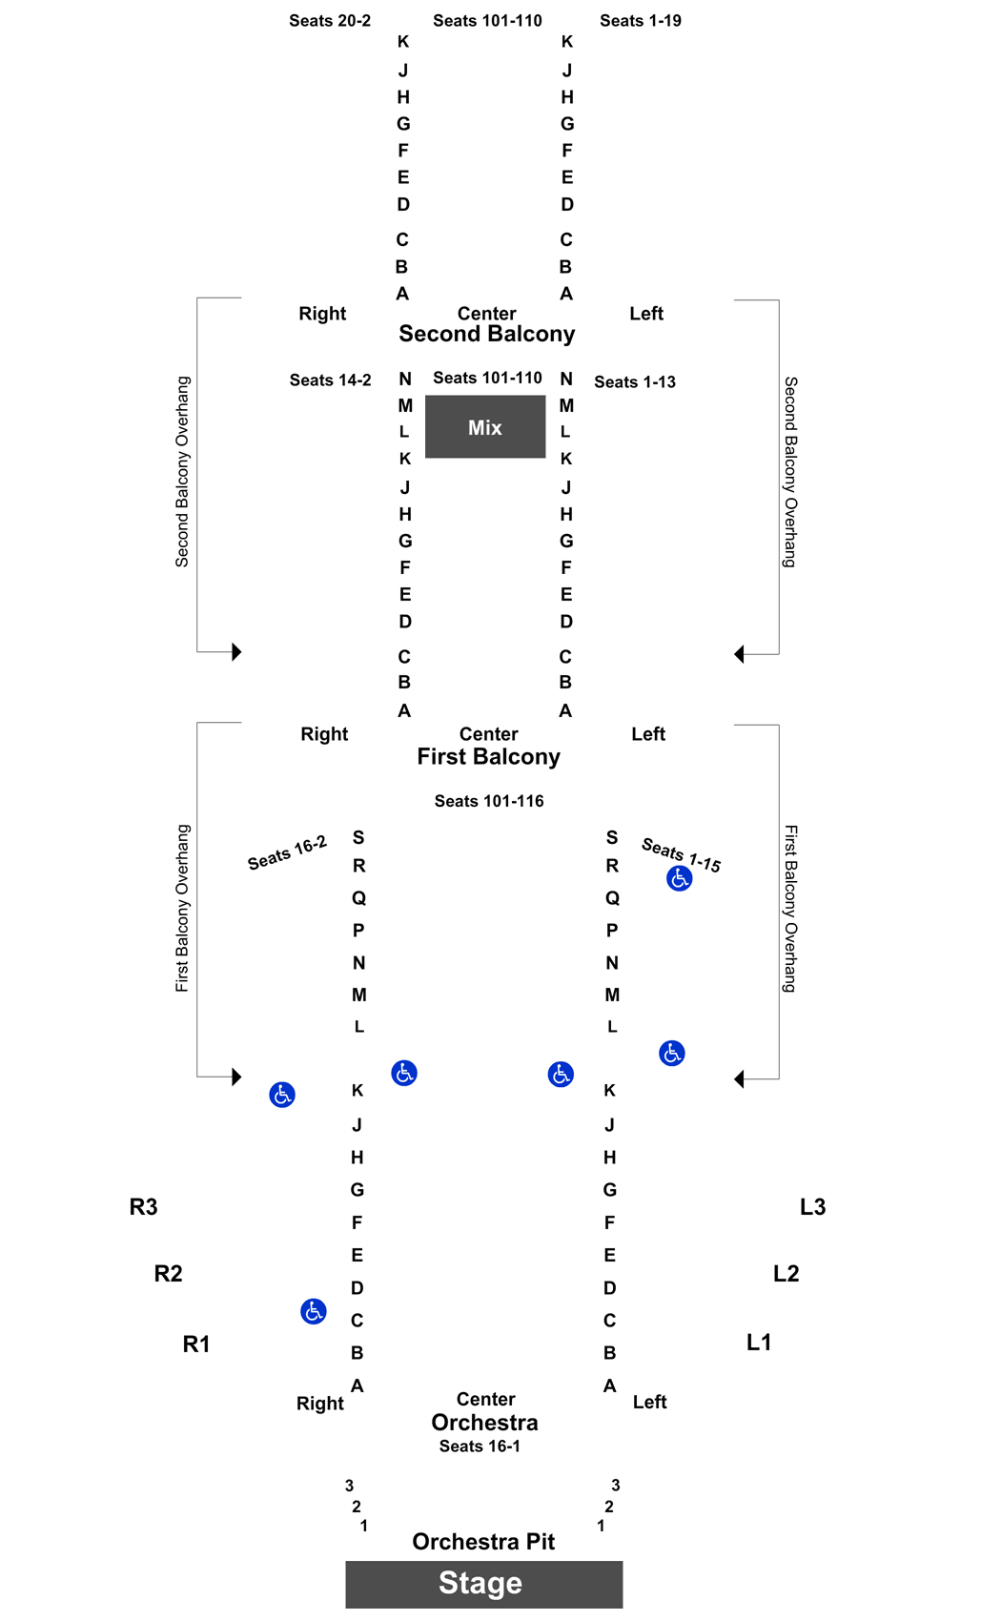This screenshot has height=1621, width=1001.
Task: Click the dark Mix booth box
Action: click(484, 426)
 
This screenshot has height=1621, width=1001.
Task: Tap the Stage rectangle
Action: click(484, 1584)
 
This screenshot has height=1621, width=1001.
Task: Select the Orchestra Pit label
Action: click(483, 1542)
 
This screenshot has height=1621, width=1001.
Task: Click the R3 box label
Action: click(143, 1206)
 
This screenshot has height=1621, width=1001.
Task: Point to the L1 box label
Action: click(759, 1343)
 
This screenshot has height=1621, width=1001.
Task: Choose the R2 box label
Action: click(168, 1274)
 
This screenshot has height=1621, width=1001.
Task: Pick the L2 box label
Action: click(786, 1274)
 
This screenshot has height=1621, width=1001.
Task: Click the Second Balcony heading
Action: click(487, 334)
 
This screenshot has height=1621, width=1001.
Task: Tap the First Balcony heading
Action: click(488, 757)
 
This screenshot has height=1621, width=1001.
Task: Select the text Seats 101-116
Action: click(489, 801)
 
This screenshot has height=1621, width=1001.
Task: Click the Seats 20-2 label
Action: click(330, 21)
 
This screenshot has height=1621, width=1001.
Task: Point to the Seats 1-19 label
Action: click(640, 21)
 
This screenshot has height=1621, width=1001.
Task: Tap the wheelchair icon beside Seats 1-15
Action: click(679, 878)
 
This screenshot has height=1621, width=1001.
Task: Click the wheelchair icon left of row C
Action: click(314, 1310)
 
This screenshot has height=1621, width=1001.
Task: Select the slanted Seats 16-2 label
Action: click(287, 853)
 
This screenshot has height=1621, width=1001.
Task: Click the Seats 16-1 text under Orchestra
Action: click(480, 1446)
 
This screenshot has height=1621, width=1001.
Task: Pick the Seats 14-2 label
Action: click(331, 380)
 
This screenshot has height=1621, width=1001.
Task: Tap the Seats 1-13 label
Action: click(635, 382)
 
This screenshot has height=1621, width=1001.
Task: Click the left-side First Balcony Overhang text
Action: click(182, 908)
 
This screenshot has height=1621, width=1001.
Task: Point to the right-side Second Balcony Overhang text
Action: click(790, 472)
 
